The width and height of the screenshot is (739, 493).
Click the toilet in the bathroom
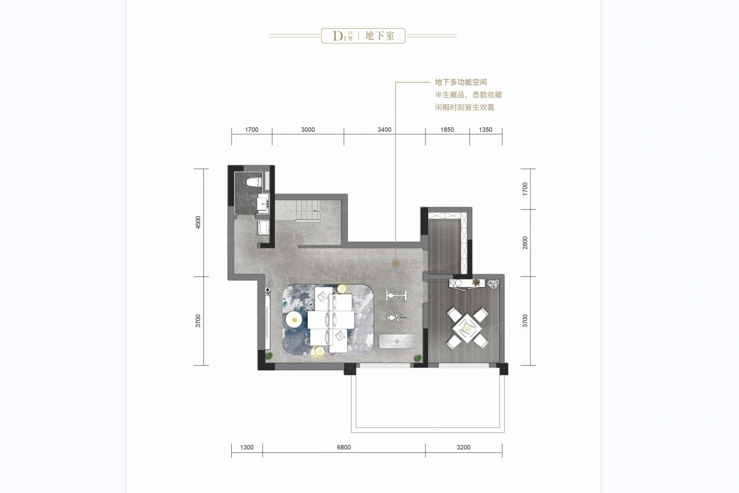(254, 183)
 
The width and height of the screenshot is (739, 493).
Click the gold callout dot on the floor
(395, 263)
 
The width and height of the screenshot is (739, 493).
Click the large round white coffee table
(293, 319)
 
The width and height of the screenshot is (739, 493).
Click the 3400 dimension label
(384, 130)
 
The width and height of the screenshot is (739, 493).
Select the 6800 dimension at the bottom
(344, 448)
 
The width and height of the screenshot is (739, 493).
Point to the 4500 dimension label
(198, 222)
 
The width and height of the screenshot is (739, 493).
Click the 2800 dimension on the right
(525, 243)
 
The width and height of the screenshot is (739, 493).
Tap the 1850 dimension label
(447, 130)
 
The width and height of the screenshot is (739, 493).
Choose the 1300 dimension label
(247, 448)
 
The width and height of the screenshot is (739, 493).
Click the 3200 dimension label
(463, 448)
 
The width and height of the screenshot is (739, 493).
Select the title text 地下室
(380, 36)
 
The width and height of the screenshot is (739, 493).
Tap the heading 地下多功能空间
(460, 82)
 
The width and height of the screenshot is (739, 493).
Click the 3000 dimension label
(308, 130)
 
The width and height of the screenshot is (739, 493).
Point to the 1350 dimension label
(485, 130)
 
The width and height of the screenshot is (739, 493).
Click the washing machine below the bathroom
(263, 229)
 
